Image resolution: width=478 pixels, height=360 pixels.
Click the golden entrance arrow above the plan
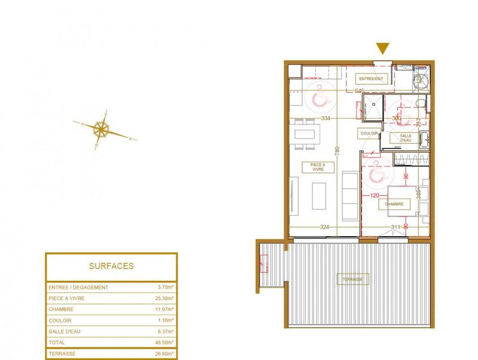[383, 49]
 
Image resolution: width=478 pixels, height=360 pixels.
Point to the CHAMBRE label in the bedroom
[394, 204]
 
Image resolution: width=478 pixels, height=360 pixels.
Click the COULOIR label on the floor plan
[369, 134]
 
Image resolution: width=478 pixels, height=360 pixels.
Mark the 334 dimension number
[326, 118]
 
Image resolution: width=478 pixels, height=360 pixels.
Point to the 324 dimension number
[325, 227]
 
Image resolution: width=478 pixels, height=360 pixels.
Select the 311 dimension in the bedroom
[396, 227]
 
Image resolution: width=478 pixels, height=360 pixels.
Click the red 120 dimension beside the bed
[375, 196]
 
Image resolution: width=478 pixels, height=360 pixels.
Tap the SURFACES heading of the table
[111, 266]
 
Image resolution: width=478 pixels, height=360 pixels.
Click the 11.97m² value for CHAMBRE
[163, 310]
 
